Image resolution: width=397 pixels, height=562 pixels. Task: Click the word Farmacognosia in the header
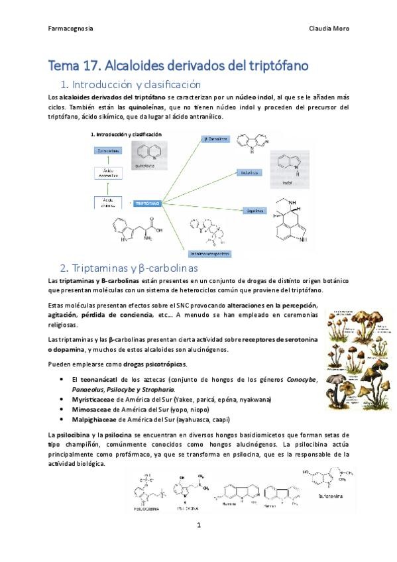coord(71,28)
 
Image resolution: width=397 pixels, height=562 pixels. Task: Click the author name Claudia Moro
coord(329,28)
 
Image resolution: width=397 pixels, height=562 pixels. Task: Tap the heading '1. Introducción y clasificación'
coord(131,85)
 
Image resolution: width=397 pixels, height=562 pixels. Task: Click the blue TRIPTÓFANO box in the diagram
coord(146,203)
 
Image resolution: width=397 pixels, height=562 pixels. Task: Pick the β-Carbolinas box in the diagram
coord(216,139)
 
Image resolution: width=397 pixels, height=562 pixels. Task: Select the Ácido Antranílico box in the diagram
coord(109,174)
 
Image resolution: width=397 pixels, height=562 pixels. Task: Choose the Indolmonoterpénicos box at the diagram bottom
coord(209,253)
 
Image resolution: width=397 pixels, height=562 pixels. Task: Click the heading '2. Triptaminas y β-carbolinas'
coord(129,268)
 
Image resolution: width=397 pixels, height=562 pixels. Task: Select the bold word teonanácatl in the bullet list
coord(101,379)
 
